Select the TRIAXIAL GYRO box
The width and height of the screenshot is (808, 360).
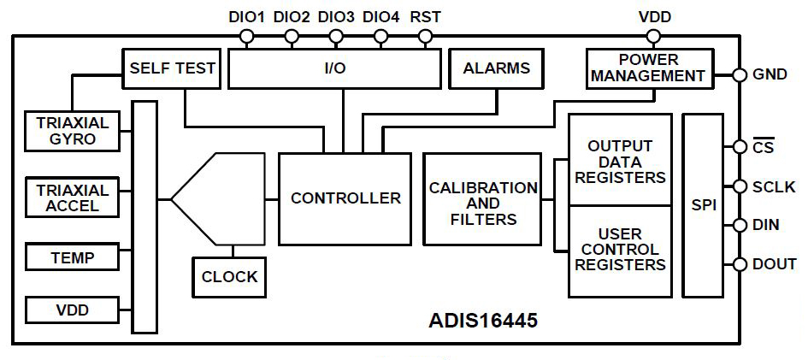tap(72, 130)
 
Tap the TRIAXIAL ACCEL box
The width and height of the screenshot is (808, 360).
tap(72, 198)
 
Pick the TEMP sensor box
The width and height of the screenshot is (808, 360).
tap(72, 256)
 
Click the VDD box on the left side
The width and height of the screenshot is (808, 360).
tap(72, 310)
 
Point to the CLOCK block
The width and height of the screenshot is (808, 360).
tap(229, 276)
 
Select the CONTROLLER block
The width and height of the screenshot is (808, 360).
tap(345, 198)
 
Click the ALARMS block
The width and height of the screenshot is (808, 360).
tap(496, 68)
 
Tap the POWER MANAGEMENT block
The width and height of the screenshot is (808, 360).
tap(649, 68)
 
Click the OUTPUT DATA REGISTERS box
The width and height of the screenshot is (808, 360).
tap(620, 162)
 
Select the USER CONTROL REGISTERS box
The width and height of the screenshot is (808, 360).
tap(620, 250)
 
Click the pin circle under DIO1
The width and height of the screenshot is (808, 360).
tap(247, 37)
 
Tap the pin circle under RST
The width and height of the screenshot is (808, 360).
tap(426, 37)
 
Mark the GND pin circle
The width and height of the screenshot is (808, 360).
tap(739, 74)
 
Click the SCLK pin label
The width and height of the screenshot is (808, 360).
tap(774, 186)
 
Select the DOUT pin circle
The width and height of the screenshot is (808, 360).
tap(739, 265)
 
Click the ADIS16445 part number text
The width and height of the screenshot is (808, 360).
tap(483, 322)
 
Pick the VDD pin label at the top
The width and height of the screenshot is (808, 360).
tap(654, 16)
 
